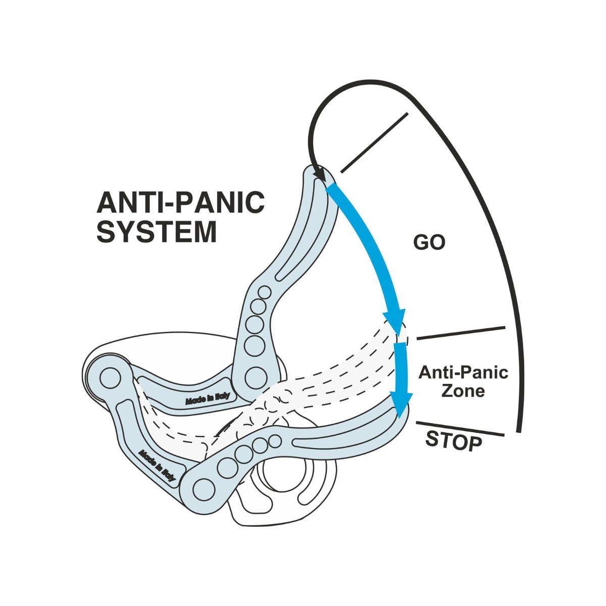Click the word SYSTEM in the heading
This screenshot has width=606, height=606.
coord(157,232)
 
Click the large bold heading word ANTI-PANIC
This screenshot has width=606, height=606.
coord(180,202)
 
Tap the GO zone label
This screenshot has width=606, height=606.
coord(429,242)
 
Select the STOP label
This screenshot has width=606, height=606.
coord(453,441)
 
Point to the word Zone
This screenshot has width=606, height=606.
coord(463,391)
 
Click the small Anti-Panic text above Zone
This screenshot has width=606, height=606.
coord(463,372)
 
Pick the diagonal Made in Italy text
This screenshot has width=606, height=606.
coord(157,465)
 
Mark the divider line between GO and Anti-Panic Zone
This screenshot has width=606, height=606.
coord(461,333)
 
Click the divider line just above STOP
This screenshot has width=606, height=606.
coord(460,429)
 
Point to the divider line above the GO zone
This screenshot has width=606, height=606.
coord(374,143)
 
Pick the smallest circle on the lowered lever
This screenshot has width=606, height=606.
coord(275,441)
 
